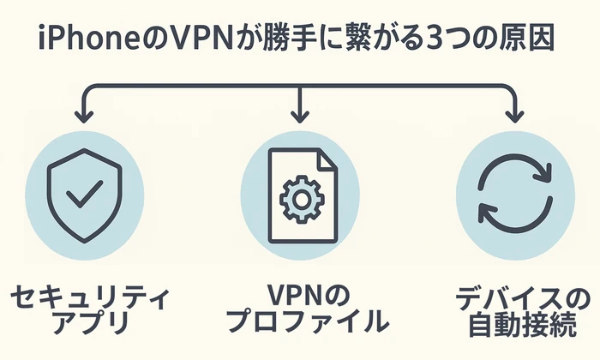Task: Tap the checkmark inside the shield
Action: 83,192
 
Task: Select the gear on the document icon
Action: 300,199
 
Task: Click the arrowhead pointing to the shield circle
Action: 84,114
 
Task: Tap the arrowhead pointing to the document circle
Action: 300,114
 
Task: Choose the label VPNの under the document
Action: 299,297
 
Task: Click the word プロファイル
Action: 300,327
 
